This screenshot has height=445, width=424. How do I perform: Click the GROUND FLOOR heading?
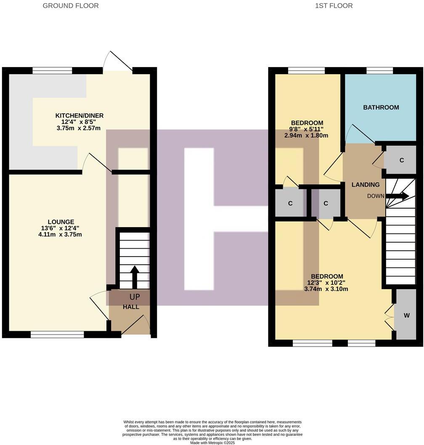tap(71, 6)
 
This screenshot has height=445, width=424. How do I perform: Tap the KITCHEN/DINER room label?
tap(79, 115)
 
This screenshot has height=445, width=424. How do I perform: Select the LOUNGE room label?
tap(61, 222)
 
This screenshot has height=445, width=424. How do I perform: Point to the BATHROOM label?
tap(381, 107)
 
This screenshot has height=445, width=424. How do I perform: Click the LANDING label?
tap(365, 185)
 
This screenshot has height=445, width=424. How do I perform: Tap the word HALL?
tap(131, 307)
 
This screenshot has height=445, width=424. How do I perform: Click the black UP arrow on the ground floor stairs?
tap(135, 276)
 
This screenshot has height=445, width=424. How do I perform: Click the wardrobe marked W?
tap(406, 315)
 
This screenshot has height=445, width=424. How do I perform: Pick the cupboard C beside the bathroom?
tap(401, 160)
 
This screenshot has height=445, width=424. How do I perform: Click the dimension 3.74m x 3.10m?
tap(326, 289)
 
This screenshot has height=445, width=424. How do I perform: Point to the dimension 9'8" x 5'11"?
tap(306, 129)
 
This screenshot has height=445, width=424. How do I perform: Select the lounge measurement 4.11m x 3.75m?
tap(60, 234)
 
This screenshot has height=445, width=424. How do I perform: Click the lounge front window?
tap(57, 335)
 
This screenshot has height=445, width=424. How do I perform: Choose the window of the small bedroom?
tap(306, 70)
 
